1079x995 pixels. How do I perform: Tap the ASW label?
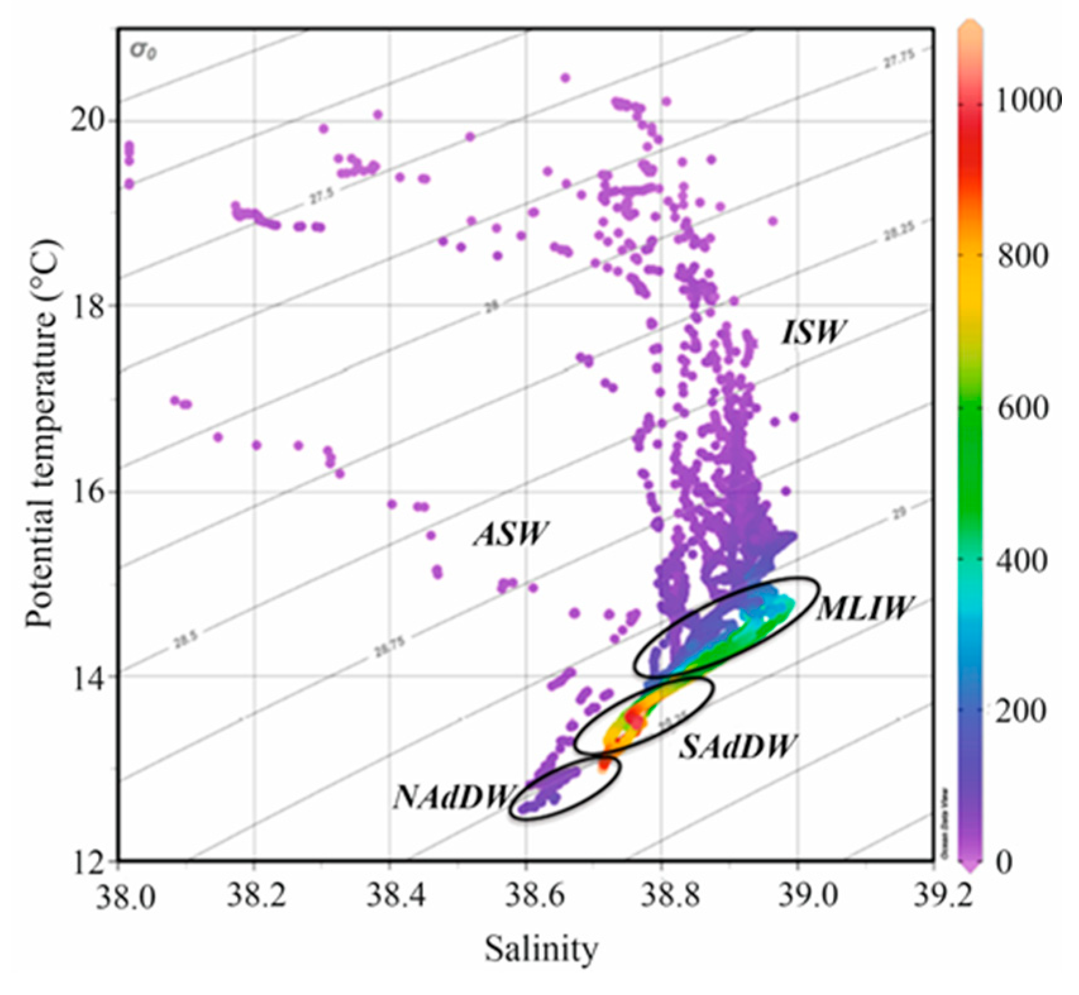click(509, 535)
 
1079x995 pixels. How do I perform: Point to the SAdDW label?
click(737, 747)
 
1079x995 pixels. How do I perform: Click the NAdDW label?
click(453, 797)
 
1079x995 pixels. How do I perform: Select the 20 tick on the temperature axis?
click(87, 121)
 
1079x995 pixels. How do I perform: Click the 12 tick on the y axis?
click(87, 860)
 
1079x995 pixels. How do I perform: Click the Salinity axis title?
click(541, 949)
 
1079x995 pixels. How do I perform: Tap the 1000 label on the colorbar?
click(1028, 101)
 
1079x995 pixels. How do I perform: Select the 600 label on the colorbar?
click(1022, 406)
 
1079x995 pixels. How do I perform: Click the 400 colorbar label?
click(1022, 559)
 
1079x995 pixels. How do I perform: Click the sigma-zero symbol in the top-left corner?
click(143, 51)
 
